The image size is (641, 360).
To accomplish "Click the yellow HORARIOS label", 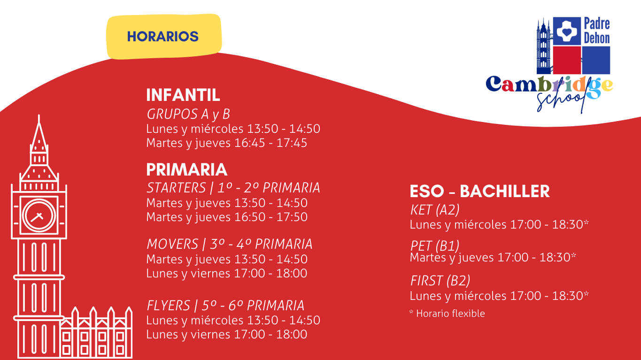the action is (164, 37).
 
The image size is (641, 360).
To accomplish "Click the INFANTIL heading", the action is (183, 95).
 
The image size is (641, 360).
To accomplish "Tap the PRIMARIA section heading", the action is (186, 169).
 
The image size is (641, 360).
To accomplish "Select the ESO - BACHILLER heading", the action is (479, 191).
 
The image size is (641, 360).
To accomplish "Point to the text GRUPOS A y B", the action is (188, 114).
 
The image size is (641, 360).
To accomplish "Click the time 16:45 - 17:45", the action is (270, 143).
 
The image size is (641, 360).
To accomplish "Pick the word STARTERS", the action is (176, 188).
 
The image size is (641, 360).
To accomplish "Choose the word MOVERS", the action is (172, 244).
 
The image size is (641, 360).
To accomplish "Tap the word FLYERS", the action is (168, 306).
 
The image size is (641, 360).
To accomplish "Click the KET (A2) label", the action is (435, 210).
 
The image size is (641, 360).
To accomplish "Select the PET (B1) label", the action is (435, 245).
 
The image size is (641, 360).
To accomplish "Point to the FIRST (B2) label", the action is (440, 281).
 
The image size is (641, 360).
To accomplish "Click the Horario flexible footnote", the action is (447, 314).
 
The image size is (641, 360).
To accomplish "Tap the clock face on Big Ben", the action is (39, 215).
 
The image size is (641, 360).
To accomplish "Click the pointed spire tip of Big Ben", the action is (39, 115).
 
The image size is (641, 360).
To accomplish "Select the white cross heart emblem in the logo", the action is (567, 31).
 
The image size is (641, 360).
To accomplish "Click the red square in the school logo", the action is (567, 61).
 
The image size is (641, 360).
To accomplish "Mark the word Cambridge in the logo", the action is (549, 85).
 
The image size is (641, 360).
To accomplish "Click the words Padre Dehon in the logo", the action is (597, 31).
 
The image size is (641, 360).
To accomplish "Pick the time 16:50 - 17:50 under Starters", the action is (270, 217).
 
